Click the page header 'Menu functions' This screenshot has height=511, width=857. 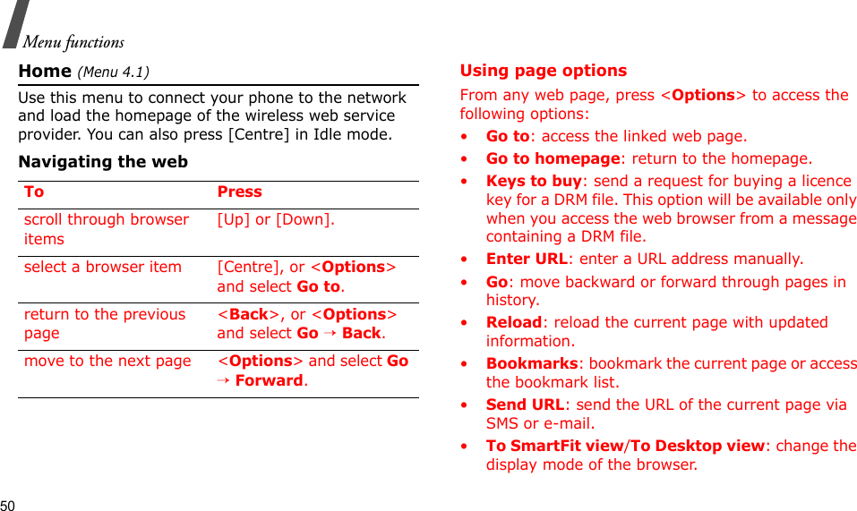(73, 42)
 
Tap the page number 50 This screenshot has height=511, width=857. (8, 504)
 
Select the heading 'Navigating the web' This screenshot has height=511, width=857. (103, 162)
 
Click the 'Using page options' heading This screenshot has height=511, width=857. (543, 71)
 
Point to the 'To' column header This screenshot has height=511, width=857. (34, 192)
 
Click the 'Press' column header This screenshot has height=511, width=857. (239, 192)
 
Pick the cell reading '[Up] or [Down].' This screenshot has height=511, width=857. (276, 219)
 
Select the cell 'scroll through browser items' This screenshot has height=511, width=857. (106, 229)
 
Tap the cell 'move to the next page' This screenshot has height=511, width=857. (107, 361)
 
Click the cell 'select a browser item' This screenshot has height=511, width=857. (103, 267)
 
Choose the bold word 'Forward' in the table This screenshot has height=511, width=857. (269, 380)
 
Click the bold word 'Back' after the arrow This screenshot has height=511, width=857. (361, 333)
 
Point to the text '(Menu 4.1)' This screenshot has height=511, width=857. (114, 72)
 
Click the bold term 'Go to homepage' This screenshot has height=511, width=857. (553, 158)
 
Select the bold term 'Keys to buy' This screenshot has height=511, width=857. (534, 181)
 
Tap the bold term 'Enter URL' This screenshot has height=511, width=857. (527, 259)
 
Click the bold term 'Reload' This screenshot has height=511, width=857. (514, 322)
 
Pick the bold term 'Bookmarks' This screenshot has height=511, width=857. (532, 363)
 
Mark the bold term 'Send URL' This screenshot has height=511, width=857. (525, 405)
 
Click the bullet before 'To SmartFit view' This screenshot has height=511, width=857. (463, 446)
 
